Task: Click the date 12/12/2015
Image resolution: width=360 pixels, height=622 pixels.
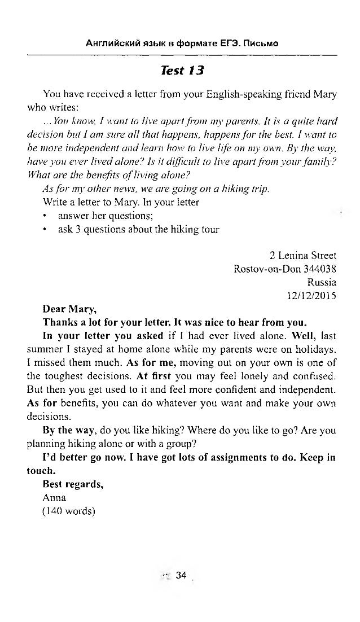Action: [x=312, y=294]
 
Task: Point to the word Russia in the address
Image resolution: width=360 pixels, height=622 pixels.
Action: [x=322, y=282]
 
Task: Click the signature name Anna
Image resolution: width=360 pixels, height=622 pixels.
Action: [x=54, y=498]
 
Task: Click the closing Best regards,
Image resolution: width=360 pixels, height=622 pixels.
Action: [x=73, y=485]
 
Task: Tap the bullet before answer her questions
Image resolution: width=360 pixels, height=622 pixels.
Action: [x=46, y=216]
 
